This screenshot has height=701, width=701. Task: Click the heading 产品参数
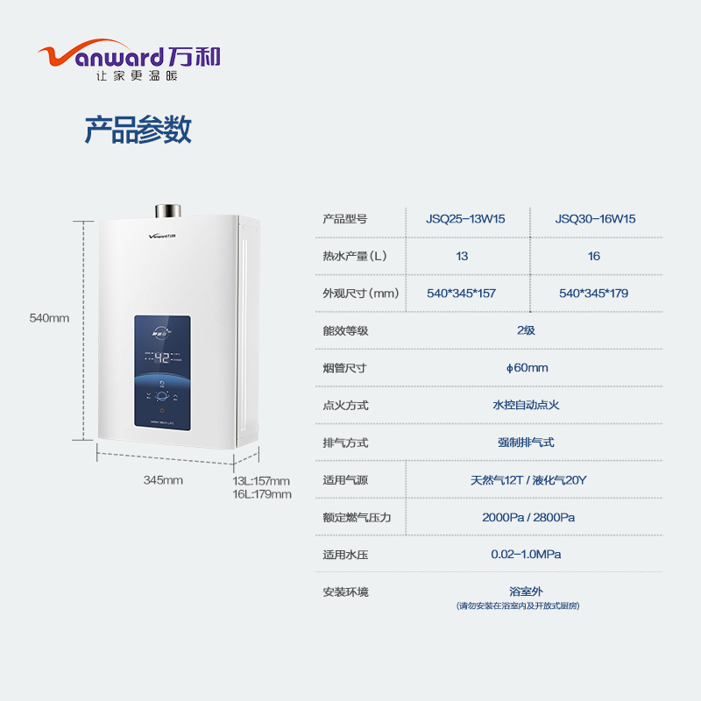(x=138, y=131)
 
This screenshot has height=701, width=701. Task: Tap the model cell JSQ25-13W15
(x=465, y=219)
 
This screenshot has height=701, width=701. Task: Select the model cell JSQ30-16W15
(x=595, y=219)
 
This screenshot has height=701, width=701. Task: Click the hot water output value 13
(x=462, y=256)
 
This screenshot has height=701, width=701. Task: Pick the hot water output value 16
(x=594, y=256)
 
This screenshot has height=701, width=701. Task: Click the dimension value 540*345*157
(x=461, y=294)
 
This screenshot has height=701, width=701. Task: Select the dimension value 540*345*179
(x=593, y=294)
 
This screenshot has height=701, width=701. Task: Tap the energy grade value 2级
(x=526, y=330)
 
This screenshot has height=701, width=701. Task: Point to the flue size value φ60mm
(x=527, y=368)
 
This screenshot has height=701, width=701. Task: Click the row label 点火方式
(x=345, y=406)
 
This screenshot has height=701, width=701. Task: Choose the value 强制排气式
(x=526, y=443)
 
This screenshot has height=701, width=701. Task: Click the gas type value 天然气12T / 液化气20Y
(x=528, y=480)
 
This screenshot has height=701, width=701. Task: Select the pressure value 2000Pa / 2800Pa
(x=528, y=518)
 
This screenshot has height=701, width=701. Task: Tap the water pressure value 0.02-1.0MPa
(x=526, y=555)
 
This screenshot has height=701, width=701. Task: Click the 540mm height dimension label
(x=49, y=318)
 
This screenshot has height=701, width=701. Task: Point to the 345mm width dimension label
(x=163, y=480)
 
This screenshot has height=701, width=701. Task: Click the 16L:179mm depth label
(x=261, y=494)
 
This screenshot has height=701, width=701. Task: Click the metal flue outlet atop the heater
(x=166, y=211)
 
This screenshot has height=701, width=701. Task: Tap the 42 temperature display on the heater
(x=161, y=358)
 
